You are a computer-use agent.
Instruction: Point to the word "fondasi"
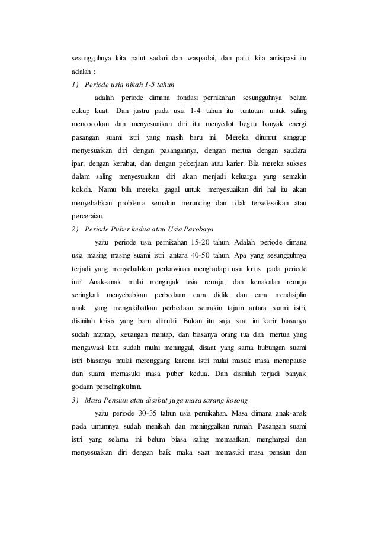[188, 97]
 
